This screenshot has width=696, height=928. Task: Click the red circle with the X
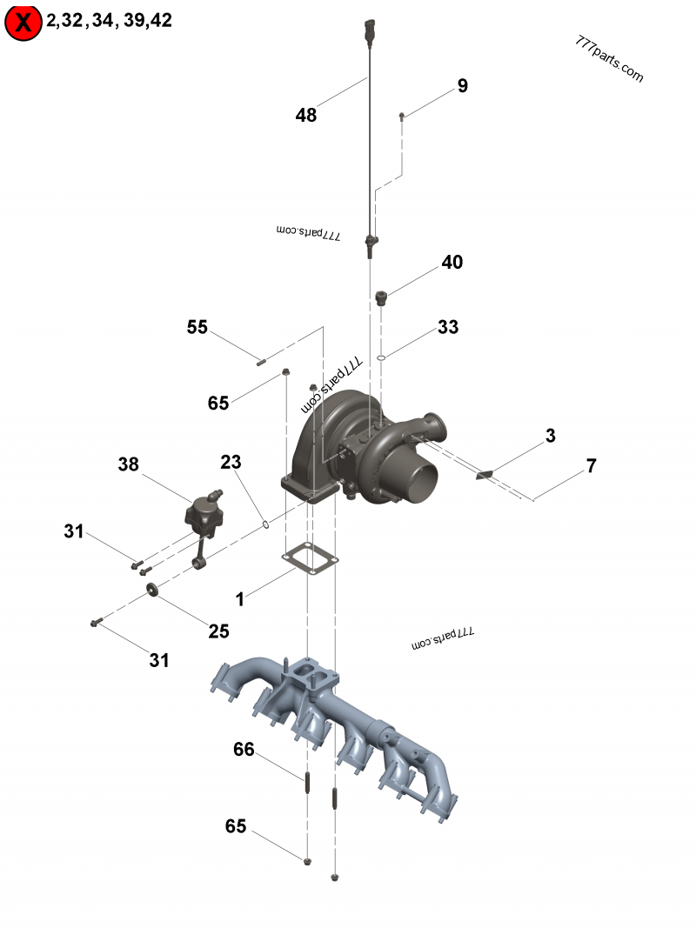(x=23, y=23)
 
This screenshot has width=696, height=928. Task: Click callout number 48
(x=305, y=115)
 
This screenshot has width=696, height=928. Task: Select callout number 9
(x=462, y=86)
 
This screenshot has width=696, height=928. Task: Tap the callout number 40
(x=452, y=263)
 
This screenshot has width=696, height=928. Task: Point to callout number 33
(x=447, y=328)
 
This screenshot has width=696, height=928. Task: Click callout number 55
(x=197, y=327)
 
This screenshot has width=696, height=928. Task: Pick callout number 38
(x=128, y=465)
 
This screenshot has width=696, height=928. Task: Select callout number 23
(x=231, y=462)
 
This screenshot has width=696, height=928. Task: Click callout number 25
(x=218, y=631)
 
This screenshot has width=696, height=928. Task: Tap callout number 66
(x=244, y=749)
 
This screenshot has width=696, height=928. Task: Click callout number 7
(x=591, y=466)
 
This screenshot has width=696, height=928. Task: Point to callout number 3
(x=550, y=437)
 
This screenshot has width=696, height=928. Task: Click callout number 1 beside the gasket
(x=240, y=599)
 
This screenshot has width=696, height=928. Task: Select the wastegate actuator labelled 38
(x=205, y=514)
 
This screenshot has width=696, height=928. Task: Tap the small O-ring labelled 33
(x=381, y=357)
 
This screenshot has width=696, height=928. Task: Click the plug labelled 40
(x=380, y=298)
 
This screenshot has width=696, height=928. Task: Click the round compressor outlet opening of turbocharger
(x=417, y=484)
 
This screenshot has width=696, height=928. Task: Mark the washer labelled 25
(x=153, y=591)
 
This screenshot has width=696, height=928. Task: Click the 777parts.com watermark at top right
(x=610, y=59)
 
